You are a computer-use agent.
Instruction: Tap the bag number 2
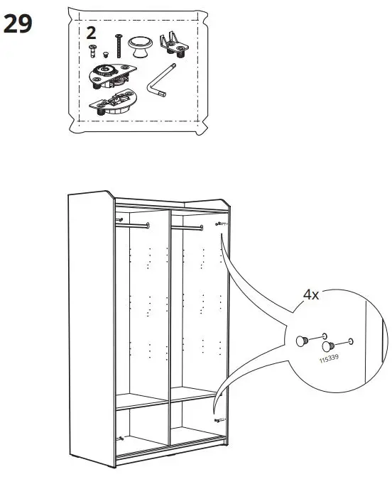coord(91,33)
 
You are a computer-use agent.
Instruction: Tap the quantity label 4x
coord(311,294)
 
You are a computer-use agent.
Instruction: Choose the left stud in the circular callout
coord(302,341)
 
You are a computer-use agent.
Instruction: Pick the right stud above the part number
coord(328,346)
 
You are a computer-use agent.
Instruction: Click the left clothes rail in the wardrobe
coord(131,226)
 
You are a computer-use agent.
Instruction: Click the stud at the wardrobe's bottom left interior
coord(121,438)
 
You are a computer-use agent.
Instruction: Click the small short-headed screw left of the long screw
coord(92,50)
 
